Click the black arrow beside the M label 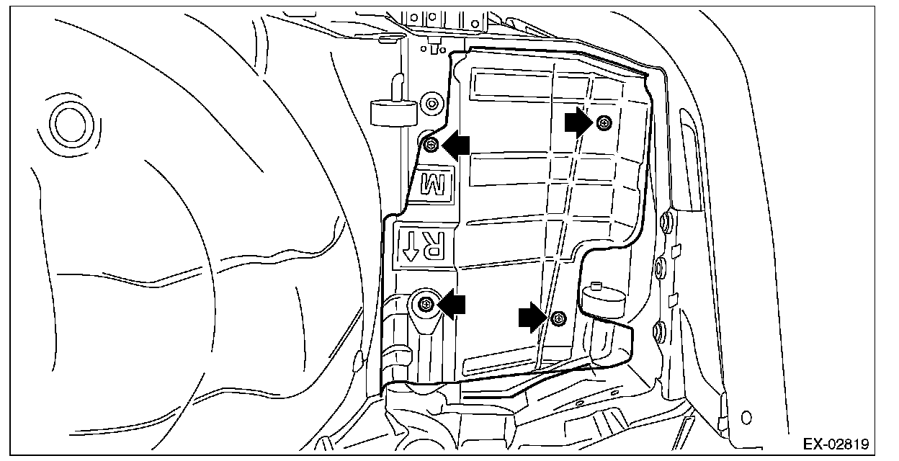point(455,146)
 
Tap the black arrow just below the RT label point(452,305)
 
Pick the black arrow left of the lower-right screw point(532,318)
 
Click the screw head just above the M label point(431,146)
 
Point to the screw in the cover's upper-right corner point(604,123)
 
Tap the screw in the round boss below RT point(426,305)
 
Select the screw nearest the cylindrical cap point(558,318)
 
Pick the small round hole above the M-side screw point(431,103)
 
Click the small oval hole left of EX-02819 point(746,416)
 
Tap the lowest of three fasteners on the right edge point(657,332)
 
